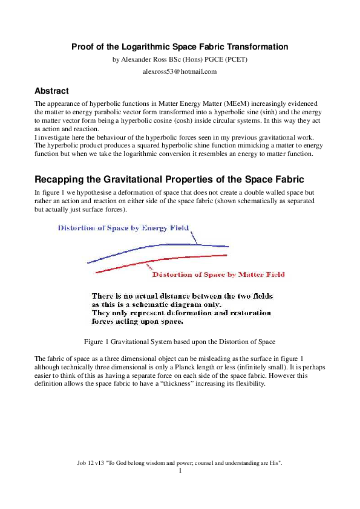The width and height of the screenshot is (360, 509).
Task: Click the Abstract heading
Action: [x=52, y=91]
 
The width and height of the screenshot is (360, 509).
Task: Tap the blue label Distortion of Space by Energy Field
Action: [x=123, y=228]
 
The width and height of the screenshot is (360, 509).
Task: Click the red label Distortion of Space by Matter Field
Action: [x=218, y=274]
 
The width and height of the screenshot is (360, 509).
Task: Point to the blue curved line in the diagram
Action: [x=157, y=246]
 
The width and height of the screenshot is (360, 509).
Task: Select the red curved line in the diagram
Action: [x=157, y=259]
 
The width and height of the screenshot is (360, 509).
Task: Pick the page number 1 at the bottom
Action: [x=180, y=470]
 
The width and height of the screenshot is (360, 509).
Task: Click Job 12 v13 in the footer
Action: [x=91, y=462]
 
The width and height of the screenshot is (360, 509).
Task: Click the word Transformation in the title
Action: [x=253, y=47]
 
